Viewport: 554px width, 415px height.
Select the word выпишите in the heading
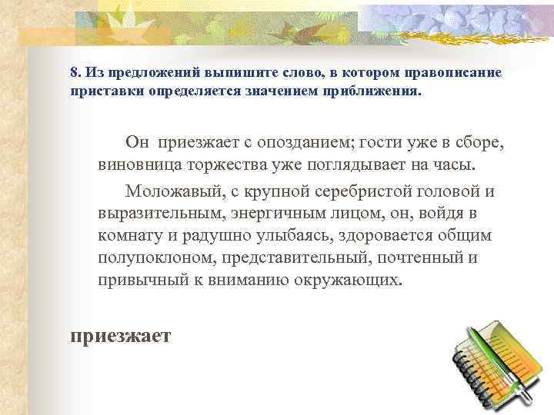229,73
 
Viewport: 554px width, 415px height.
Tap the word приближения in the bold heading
379,90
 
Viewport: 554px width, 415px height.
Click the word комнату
128,234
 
